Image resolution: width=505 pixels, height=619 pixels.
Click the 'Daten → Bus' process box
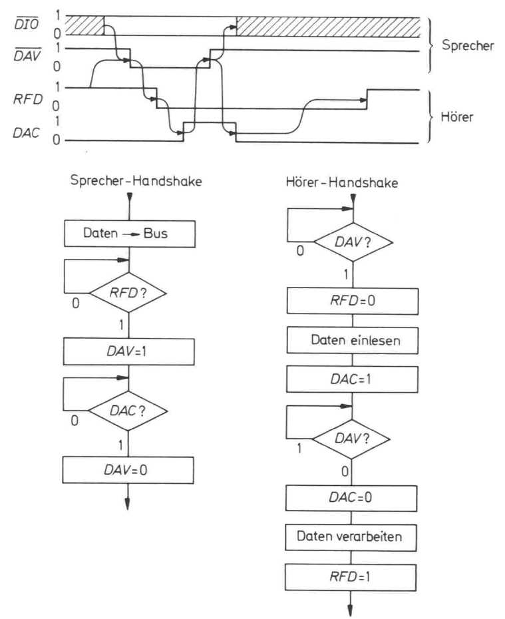point(129,234)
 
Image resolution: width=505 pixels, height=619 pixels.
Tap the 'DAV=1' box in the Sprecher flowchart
point(129,349)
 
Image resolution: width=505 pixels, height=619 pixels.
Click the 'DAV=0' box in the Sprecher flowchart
point(129,470)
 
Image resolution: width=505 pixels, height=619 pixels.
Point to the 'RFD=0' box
point(353,302)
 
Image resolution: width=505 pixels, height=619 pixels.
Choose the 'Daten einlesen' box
point(353,340)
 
